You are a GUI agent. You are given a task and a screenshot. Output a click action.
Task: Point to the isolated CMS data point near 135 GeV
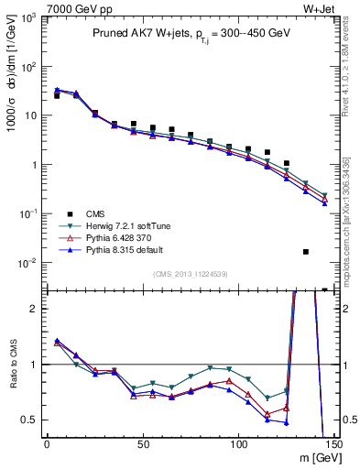point(306,251)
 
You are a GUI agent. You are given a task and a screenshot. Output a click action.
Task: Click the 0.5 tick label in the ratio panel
point(30,420)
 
